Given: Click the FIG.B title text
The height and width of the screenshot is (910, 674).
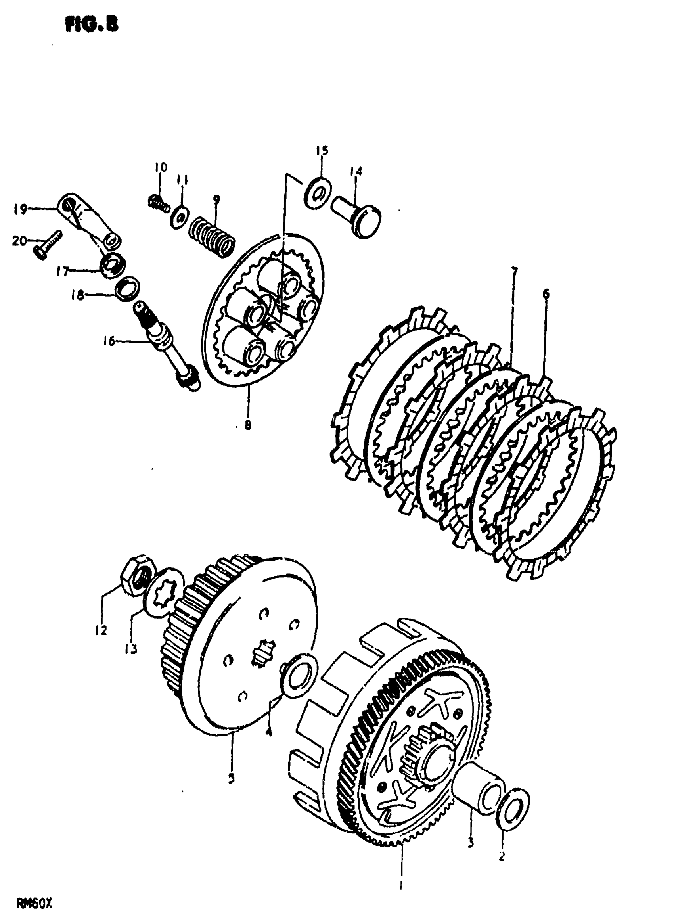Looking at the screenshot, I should coord(92,25).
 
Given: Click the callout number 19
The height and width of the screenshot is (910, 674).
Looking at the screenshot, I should coord(20,209).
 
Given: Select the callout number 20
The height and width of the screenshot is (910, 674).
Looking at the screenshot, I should coord(19,241).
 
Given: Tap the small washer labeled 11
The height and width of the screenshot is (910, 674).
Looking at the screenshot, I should coord(180,215).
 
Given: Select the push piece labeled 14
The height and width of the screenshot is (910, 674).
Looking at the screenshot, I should coord(356,216).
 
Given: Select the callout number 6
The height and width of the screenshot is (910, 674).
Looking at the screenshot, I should coord(546,293).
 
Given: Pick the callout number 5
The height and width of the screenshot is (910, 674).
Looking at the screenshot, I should coord(231,778).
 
